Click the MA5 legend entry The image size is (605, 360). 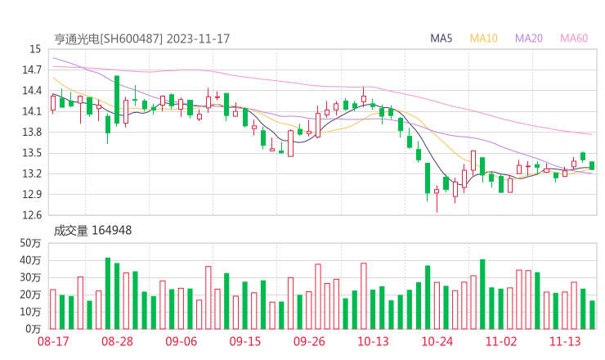pos(441,38)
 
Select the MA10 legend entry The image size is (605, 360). pos(484,38)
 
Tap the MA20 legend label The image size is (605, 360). pos(529,38)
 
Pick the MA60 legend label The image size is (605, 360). pos(574,38)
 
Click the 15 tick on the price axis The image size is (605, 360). pos(34,50)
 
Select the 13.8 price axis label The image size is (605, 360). pos(31,133)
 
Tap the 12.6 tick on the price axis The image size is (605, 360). pos(31,215)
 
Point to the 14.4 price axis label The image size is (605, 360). pos(31,91)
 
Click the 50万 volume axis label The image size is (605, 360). pos(30,243)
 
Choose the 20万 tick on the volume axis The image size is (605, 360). pos(30,295)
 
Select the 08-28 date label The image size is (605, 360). pos(117,341)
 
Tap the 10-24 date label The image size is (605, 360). pos(437,341)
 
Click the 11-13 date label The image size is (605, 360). pos(564,341)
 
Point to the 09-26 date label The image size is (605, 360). pos(309,341)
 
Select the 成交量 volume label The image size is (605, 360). pos(70,231)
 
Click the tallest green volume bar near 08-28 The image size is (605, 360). pos(108,293)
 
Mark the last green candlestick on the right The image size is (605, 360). pos(592,165)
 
